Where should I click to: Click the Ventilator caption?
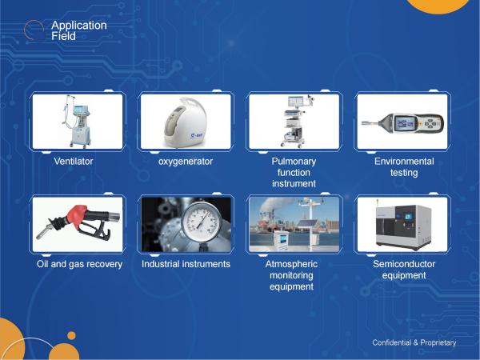point(74,161)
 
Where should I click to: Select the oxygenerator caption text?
point(186,162)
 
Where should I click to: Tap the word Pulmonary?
point(294,162)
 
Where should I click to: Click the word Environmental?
point(404,161)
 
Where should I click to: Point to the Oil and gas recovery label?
point(79,264)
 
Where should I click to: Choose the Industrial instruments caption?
point(186,264)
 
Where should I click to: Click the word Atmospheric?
point(291,264)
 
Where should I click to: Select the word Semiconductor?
point(404,264)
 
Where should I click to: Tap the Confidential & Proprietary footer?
point(414,342)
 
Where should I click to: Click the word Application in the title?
point(79,26)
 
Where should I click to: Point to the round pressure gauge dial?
point(201,221)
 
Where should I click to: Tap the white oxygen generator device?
point(186,123)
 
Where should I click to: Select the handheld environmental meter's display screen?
point(406,124)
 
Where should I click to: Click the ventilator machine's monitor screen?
point(81,110)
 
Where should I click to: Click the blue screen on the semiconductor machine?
point(409,217)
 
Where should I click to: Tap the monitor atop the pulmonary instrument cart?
point(296,102)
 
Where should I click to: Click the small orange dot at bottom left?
point(71,335)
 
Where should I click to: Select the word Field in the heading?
point(63,36)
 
